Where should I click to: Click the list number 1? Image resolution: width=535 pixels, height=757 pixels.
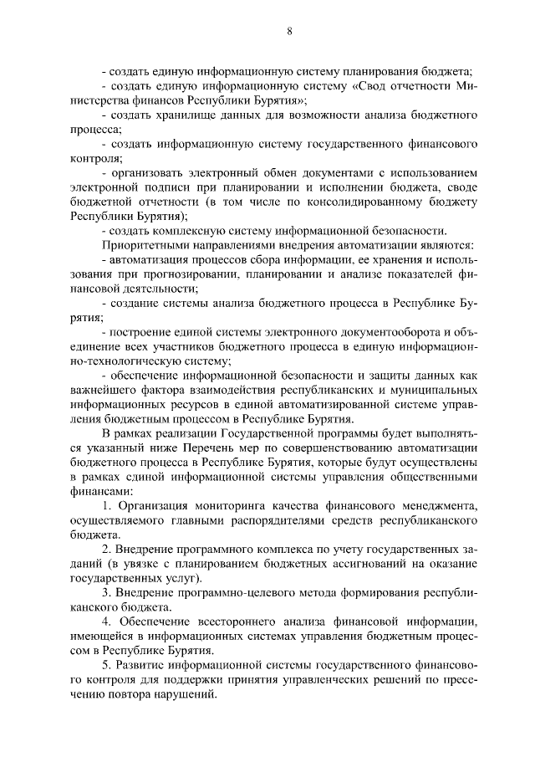pyautogui.click(x=106, y=506)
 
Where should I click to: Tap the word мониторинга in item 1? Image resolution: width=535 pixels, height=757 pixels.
pyautogui.click(x=221, y=506)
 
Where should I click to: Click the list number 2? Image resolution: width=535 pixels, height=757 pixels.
pyautogui.click(x=106, y=550)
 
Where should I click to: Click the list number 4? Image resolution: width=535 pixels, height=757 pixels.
pyautogui.click(x=106, y=622)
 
